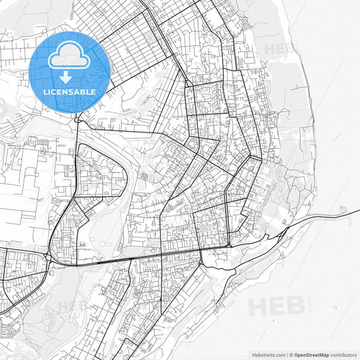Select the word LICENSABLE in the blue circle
pos(70,91)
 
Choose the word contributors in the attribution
pos(344,354)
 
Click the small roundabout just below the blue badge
pos(79,120)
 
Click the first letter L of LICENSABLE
pos(45,91)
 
